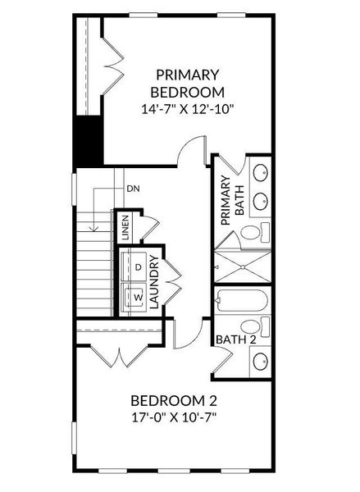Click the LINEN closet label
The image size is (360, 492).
[125, 225]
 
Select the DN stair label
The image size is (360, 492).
[133, 189]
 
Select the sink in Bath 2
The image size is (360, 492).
[260, 360]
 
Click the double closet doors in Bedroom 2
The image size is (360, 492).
[109, 356]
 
